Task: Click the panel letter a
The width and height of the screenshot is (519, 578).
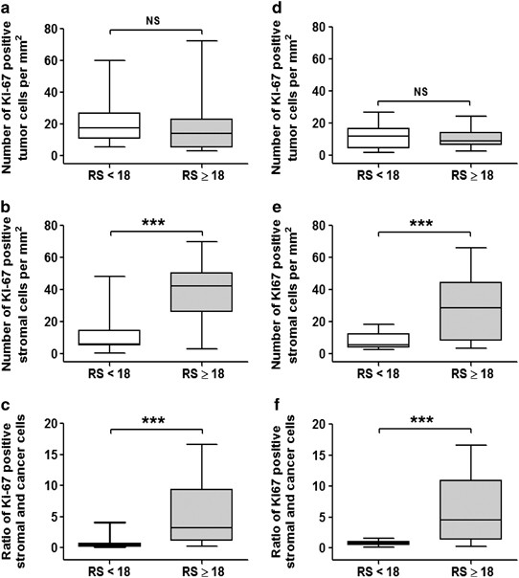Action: point(8,9)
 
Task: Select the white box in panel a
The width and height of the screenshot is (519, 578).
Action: point(110,125)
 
